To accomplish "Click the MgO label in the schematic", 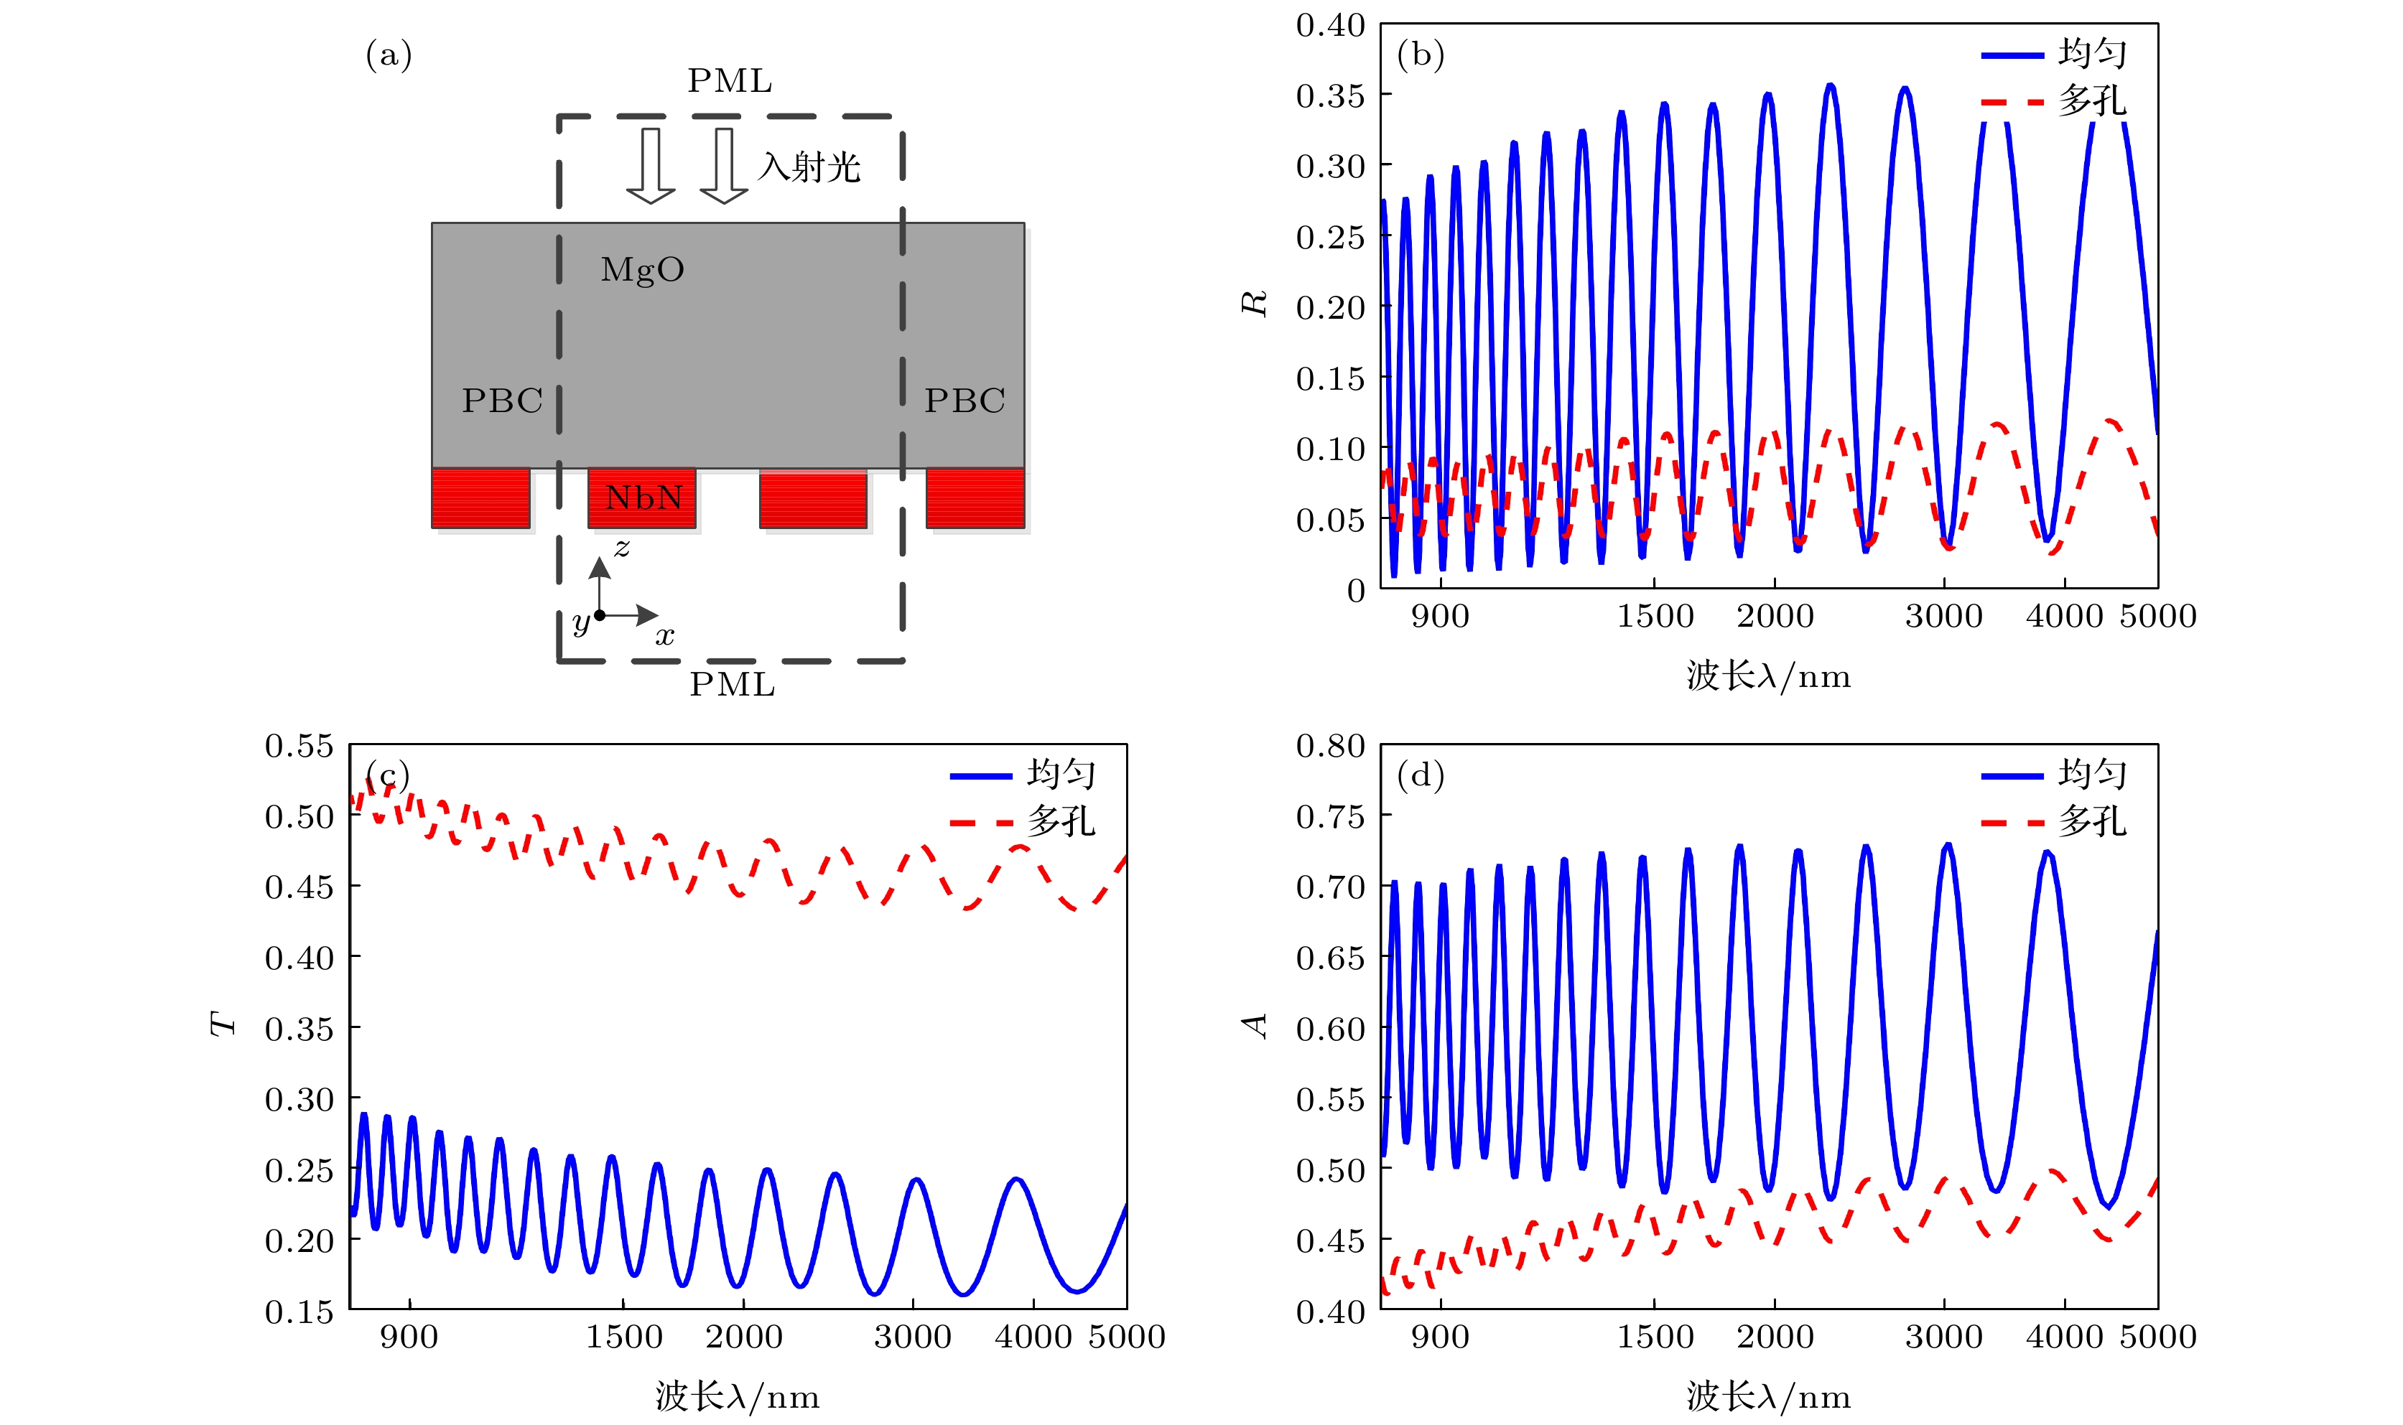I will pos(643,270).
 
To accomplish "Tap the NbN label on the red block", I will pos(643,497).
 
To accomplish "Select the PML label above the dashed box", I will pos(730,80).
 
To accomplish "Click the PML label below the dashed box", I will pos(732,685).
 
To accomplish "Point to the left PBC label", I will pos(502,401).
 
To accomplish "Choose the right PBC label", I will pos(965,401).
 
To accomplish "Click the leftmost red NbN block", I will pos(480,497).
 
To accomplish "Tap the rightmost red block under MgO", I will pos(975,497).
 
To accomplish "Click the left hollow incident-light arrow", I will pos(650,165).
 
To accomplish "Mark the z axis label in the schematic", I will pos(623,547).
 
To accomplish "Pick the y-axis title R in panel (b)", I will pos(1255,304).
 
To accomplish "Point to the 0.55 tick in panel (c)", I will pos(299,746).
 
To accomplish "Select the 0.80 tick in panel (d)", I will pos(1330,746).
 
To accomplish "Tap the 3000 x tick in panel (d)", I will pos(1944,1337).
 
